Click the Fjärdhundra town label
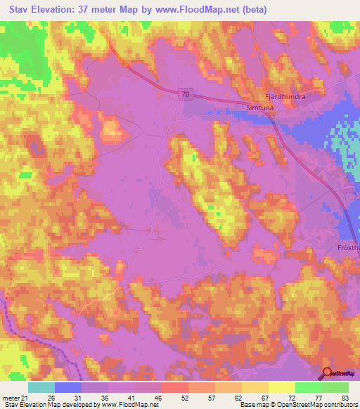pyautogui.click(x=285, y=97)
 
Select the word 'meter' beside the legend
pyautogui.click(x=11, y=398)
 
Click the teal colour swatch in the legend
pyautogui.click(x=41, y=387)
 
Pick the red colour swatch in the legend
pyautogui.click(x=175, y=387)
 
